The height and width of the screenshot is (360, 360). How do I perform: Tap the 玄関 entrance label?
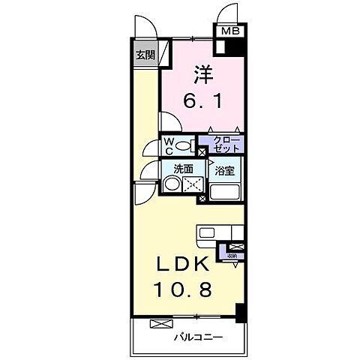145,55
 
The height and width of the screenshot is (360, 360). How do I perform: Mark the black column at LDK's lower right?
239,313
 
